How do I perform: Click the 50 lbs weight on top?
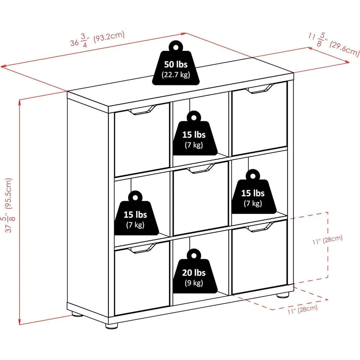click(176, 63)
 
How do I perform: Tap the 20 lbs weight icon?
click(195, 271)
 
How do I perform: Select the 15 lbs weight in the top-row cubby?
click(195, 133)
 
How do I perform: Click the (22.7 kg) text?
click(176, 75)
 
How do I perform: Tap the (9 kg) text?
click(194, 283)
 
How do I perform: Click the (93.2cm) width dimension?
click(109, 37)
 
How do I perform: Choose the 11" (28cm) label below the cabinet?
click(303, 309)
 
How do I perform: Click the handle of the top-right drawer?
click(260, 89)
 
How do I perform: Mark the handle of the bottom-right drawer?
click(260, 227)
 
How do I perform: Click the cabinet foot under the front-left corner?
click(112, 325)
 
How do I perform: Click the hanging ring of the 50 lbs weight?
click(176, 47)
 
